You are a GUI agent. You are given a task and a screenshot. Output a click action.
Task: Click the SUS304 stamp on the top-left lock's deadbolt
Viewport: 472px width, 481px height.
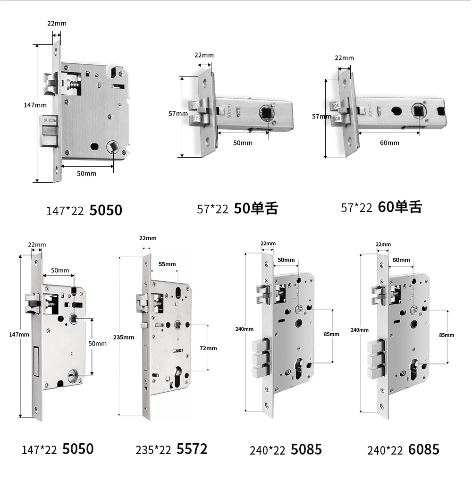[x=50, y=120]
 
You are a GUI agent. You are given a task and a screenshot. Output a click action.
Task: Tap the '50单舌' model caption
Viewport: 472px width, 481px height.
[x=256, y=208]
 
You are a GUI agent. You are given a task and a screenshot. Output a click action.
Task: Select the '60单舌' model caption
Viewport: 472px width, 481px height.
[x=400, y=207]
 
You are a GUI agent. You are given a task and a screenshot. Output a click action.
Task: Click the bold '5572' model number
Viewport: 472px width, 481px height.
[x=192, y=449]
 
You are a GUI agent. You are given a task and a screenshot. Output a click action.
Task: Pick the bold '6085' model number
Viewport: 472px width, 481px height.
[x=424, y=449]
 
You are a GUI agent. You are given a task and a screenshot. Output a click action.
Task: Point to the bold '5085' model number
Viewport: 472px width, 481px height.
[x=306, y=449]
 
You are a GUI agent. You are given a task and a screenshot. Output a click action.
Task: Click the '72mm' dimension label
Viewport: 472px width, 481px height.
[x=208, y=348]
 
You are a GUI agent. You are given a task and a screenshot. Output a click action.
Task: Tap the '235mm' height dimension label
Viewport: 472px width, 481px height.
[x=124, y=338]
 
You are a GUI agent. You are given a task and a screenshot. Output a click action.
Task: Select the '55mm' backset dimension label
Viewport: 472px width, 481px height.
[x=167, y=264]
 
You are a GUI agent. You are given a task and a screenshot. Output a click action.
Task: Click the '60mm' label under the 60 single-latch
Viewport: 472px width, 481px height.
[x=389, y=143]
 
